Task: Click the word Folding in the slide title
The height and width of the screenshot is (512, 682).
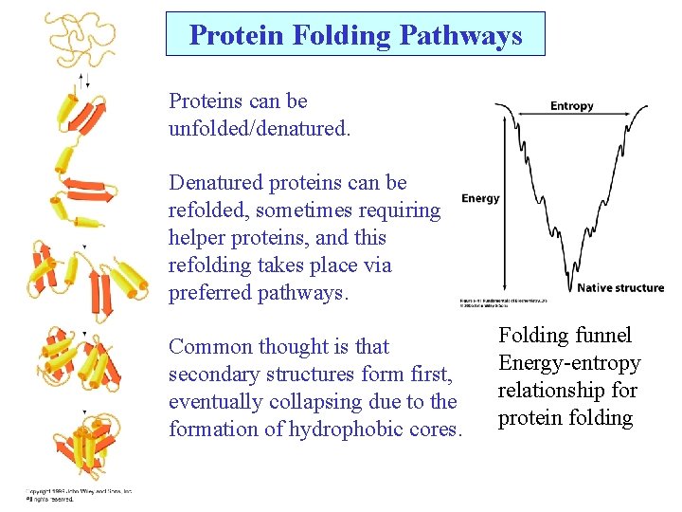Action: click(334, 36)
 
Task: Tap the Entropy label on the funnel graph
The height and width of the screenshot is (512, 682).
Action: click(571, 106)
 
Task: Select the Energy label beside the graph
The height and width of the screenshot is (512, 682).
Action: click(480, 198)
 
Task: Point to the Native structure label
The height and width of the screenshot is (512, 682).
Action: click(619, 287)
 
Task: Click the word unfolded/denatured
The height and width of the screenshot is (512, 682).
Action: click(259, 128)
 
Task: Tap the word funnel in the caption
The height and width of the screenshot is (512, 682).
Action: click(601, 336)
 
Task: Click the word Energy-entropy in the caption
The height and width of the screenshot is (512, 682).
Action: click(569, 363)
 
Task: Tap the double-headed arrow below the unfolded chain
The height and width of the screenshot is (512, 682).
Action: click(83, 81)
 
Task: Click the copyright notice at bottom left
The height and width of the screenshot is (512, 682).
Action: click(78, 495)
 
